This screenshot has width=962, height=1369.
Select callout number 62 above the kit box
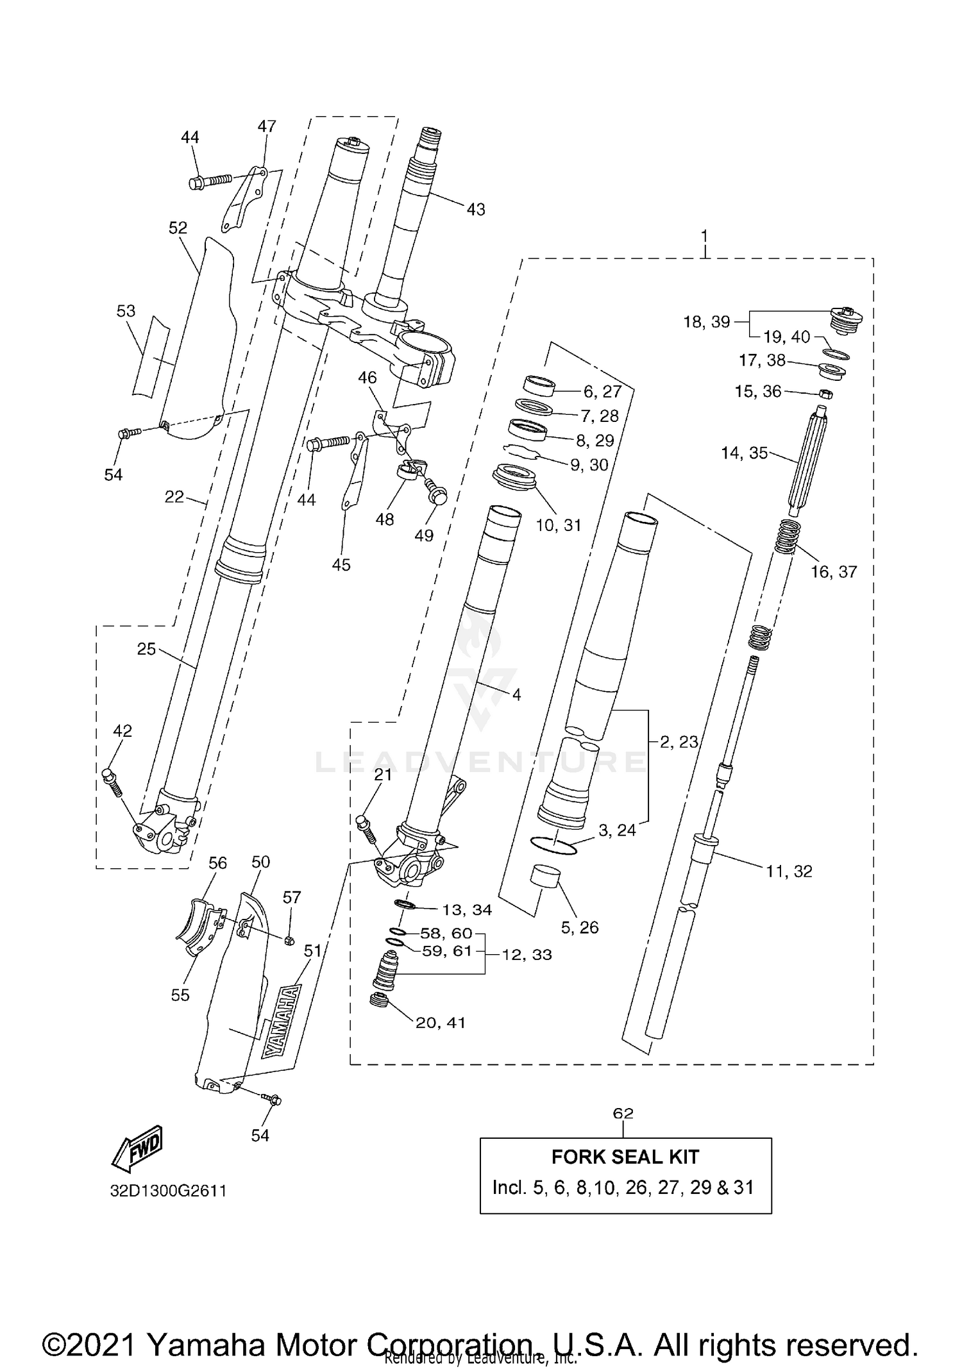tap(623, 1113)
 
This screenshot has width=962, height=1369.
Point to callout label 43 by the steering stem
tap(475, 209)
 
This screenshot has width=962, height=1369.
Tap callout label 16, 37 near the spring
tap(833, 571)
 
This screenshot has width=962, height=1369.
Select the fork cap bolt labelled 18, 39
tap(846, 319)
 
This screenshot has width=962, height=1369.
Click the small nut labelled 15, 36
tap(827, 393)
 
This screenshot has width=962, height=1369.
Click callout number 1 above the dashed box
tap(704, 236)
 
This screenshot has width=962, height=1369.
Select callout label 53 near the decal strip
tap(126, 311)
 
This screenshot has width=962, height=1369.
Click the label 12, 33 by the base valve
tap(527, 955)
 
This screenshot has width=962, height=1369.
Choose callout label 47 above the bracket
tap(266, 126)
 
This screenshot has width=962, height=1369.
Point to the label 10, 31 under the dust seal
tap(558, 525)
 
